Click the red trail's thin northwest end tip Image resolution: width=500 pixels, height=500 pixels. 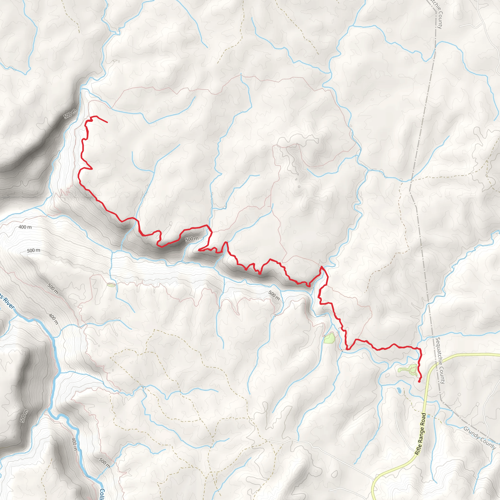(x=107, y=122)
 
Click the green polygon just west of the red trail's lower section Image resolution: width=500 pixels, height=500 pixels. (x=329, y=338)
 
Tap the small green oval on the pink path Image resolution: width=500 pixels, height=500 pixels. (x=111, y=285)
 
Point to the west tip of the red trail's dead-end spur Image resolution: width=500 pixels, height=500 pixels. (x=198, y=250)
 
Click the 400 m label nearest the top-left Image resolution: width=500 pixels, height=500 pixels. (x=25, y=227)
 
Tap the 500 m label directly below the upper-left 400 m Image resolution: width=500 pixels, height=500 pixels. (x=33, y=250)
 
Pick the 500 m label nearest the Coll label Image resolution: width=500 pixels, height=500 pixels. (x=104, y=463)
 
